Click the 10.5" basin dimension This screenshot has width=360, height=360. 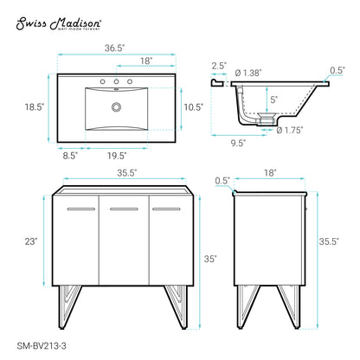pyautogui.click(x=192, y=108)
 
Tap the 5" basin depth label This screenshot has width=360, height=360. pyautogui.click(x=273, y=100)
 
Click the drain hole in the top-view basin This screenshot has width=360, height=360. pyautogui.click(x=114, y=108)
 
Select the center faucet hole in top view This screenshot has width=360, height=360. pyautogui.click(x=115, y=84)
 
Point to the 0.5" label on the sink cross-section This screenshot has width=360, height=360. pyautogui.click(x=338, y=70)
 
